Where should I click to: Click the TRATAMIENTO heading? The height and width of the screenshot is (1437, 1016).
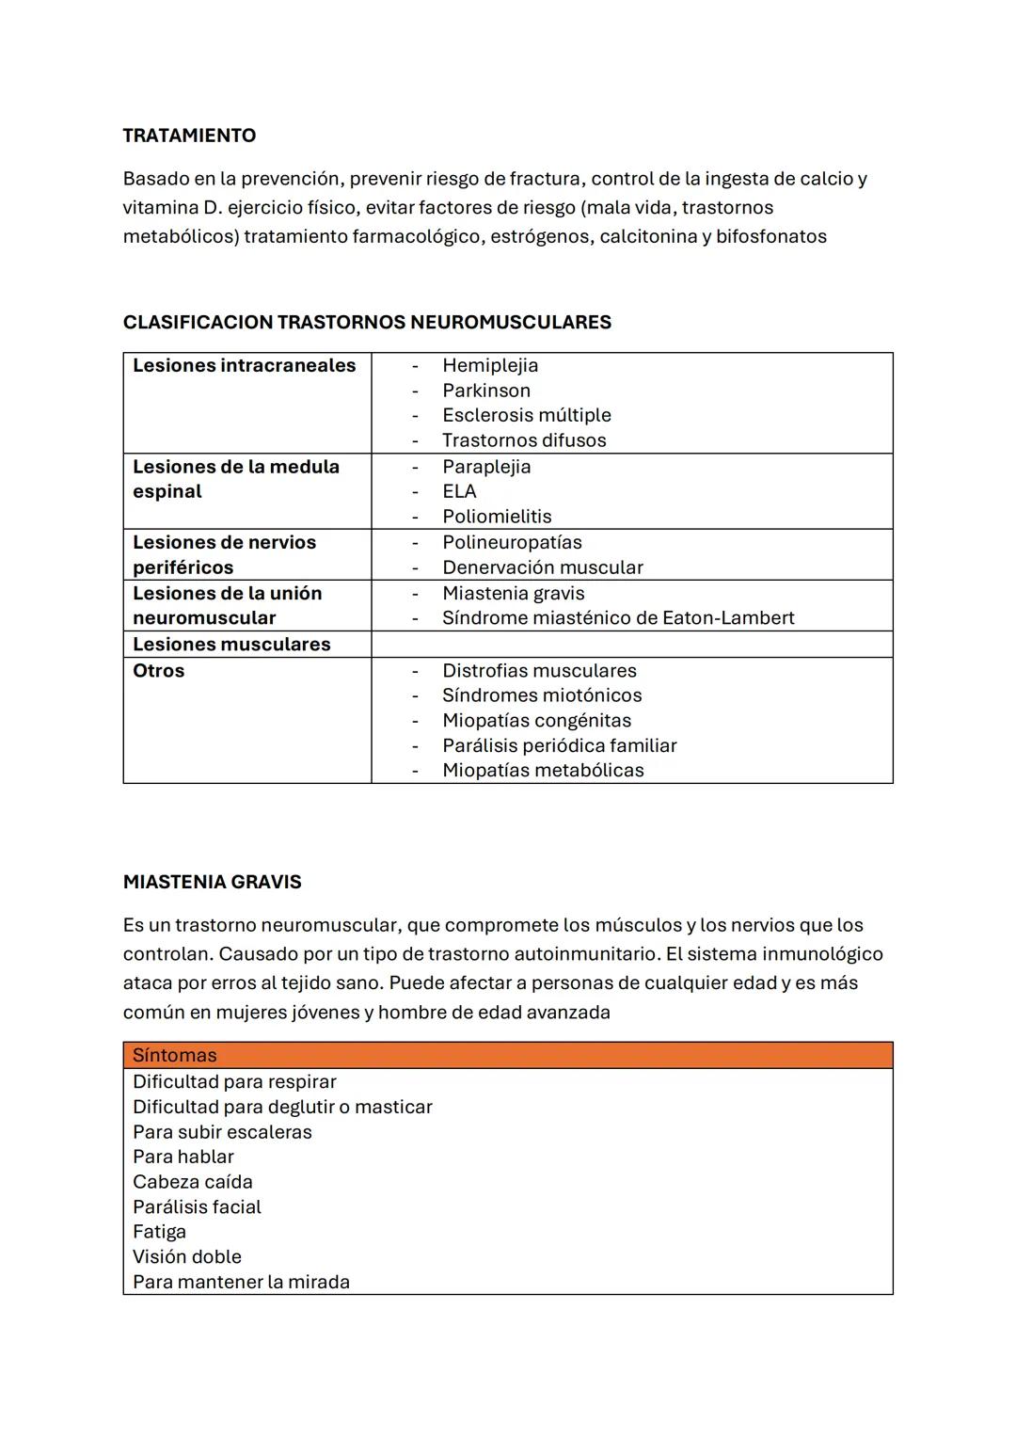point(189,136)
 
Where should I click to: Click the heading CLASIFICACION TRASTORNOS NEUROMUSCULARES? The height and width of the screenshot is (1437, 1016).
point(367,322)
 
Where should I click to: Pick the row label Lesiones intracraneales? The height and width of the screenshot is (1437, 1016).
point(244,365)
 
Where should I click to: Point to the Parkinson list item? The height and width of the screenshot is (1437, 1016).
point(486,391)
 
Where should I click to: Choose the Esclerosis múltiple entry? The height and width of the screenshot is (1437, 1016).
point(526,415)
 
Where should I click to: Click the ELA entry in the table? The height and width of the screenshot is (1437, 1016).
point(459,491)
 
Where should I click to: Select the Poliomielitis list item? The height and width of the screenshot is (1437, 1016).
point(497,517)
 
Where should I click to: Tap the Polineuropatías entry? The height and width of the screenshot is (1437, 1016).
point(512,542)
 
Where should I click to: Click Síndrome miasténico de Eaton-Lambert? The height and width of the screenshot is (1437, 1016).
point(618,618)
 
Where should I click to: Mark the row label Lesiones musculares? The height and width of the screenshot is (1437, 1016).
point(231,645)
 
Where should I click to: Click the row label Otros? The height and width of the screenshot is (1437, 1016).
point(158,671)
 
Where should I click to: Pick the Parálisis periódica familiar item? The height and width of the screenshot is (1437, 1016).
point(559,745)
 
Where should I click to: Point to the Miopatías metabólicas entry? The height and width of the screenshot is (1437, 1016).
point(543,771)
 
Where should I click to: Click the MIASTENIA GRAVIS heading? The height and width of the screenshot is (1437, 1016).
point(212,882)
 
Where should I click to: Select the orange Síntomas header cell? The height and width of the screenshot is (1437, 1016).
point(507,1055)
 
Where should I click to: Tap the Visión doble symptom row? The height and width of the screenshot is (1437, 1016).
point(186,1257)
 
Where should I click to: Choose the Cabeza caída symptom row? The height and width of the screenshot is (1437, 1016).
point(192,1182)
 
